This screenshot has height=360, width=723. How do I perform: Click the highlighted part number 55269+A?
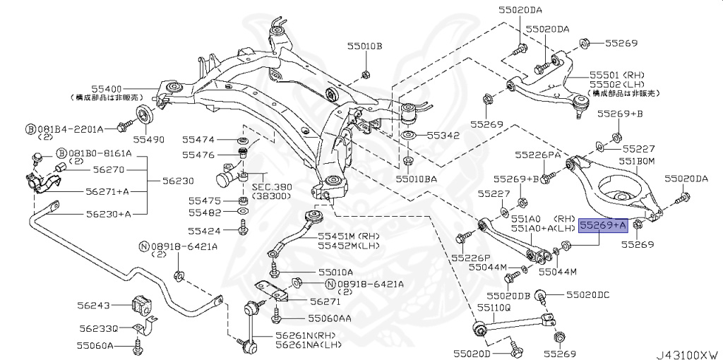(602, 225)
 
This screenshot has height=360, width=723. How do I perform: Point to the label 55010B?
(364, 47)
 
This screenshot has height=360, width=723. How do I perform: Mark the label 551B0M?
(638, 162)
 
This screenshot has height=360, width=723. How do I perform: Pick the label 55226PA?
(537, 153)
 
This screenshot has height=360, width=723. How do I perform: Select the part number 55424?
(204, 231)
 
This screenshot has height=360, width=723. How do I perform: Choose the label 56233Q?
(98, 328)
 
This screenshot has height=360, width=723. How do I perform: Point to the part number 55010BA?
(416, 179)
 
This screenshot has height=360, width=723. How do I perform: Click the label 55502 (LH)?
(616, 84)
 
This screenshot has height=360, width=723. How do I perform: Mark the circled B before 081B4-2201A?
(30, 129)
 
